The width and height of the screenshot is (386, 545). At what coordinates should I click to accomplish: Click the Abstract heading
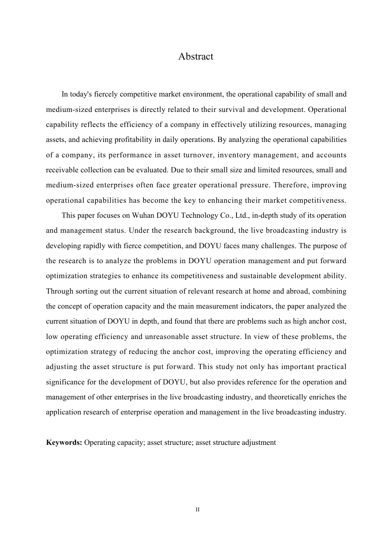coord(195,56)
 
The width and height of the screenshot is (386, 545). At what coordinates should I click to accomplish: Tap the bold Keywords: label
coord(64,442)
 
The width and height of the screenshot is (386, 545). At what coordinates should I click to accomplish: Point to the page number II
coord(197,510)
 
